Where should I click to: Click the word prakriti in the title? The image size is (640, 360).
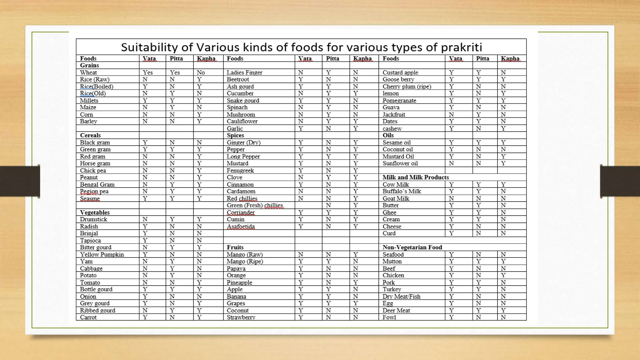461,47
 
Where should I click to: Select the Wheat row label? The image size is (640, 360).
88,72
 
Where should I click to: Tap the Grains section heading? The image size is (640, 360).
89,65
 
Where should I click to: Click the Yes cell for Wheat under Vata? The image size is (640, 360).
147,72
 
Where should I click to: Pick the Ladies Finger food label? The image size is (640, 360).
244,72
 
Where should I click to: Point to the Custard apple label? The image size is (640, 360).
400,72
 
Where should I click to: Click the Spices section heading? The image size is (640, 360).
235,135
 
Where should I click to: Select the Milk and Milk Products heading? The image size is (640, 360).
416,177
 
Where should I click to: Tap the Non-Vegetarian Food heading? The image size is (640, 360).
412,247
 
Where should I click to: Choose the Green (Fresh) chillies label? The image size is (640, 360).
255,205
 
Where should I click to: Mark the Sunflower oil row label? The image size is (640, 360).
400,163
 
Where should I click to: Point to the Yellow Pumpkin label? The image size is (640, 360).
102,254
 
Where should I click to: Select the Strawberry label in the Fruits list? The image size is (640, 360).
241,317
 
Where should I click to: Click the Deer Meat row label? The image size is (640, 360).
396,310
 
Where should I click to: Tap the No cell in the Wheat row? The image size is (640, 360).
201,72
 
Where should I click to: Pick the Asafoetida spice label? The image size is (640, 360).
241,227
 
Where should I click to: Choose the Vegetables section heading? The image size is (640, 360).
95,212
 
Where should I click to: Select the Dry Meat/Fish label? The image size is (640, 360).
401,297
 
